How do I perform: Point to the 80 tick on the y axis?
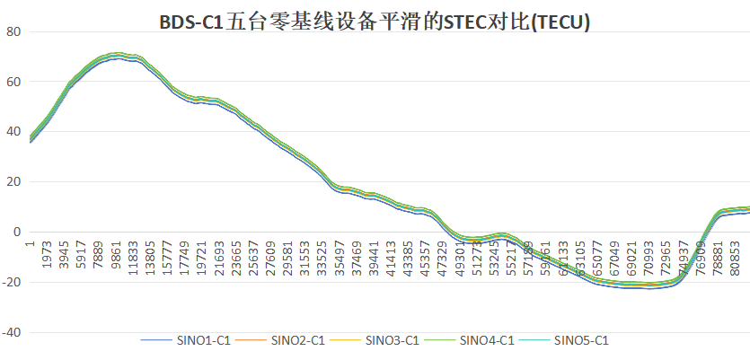pos(13,32)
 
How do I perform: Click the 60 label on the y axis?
pos(13,82)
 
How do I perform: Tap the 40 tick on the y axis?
pos(13,132)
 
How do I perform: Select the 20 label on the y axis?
pos(13,182)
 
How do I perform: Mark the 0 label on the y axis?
pos(17,232)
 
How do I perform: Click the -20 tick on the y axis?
pos(12,282)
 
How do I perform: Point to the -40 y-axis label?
pos(12,332)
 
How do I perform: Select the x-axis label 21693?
pos(219,257)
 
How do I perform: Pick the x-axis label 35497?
pos(339,257)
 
